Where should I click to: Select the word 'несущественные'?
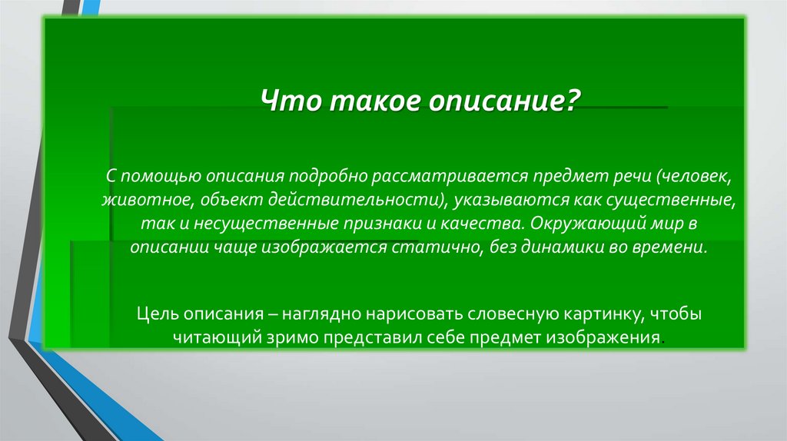(233, 225)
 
